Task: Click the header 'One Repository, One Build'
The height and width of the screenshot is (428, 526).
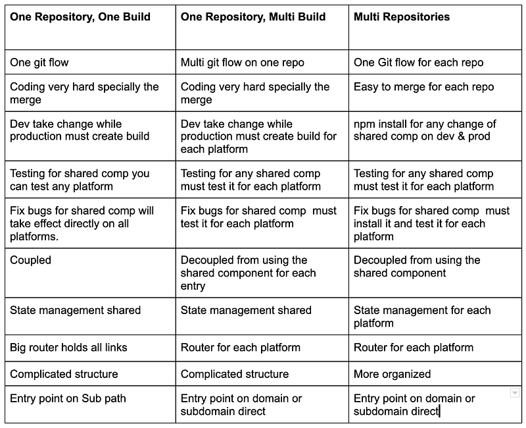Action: [80, 17]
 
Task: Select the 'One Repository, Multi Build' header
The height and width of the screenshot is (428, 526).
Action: [253, 17]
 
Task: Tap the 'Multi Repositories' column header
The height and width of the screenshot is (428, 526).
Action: [402, 17]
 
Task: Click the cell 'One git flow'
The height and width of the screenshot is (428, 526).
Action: [39, 63]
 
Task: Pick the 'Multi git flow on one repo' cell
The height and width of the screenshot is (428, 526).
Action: [242, 63]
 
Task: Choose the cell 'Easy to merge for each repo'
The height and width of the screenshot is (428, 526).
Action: [423, 87]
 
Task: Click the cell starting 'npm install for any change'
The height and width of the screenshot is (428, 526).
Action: [425, 130]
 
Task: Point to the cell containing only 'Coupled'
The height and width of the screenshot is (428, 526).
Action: [30, 260]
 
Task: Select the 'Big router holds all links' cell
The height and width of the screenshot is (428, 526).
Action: [68, 348]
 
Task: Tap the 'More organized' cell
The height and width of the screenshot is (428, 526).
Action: [392, 374]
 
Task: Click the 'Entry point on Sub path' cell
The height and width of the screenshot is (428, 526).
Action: [68, 398]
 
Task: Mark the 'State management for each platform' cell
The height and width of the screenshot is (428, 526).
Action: [422, 317]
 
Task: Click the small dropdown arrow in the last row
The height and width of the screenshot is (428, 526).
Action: [515, 392]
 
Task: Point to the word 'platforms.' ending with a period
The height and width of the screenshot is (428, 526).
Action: [34, 236]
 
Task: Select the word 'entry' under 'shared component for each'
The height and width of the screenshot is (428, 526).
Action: [193, 286]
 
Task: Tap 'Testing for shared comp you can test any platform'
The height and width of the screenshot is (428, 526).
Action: [80, 180]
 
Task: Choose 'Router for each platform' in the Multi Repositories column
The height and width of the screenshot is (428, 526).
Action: [414, 348]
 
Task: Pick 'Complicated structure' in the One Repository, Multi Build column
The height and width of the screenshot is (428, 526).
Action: [235, 374]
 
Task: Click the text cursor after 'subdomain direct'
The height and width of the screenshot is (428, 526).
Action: [439, 411]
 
